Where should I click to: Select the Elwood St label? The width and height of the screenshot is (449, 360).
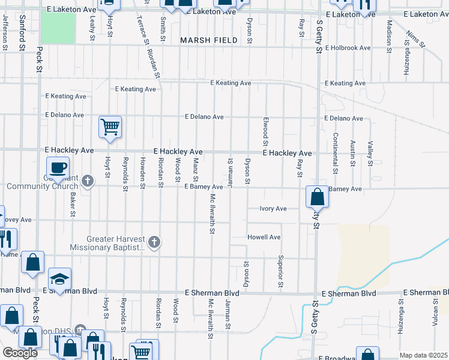265,131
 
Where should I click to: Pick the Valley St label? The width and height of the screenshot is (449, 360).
370,152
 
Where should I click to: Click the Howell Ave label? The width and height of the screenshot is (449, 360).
264,238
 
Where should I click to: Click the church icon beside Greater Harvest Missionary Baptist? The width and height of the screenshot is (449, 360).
154,242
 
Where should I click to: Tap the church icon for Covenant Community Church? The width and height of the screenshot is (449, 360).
88,181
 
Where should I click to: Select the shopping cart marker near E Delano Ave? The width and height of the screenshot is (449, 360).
110,127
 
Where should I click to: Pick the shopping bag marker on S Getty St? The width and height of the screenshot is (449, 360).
317,196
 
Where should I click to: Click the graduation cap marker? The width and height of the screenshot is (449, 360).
59,279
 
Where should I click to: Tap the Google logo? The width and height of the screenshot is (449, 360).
20,353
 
